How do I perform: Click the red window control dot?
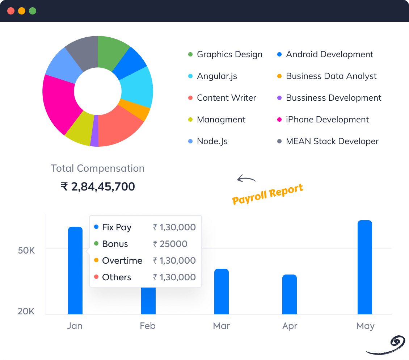(x=11, y=11)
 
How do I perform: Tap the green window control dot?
(x=33, y=11)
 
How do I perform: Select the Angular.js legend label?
(x=217, y=76)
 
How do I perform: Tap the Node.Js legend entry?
(x=212, y=141)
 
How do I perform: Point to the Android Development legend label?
(x=329, y=54)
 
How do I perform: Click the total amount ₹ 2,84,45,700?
(x=98, y=187)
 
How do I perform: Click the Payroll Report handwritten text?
(x=267, y=194)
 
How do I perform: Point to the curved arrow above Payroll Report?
(x=246, y=179)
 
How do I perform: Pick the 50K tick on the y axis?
(x=26, y=250)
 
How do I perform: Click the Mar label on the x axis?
(x=221, y=326)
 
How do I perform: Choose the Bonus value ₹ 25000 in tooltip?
(x=170, y=244)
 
